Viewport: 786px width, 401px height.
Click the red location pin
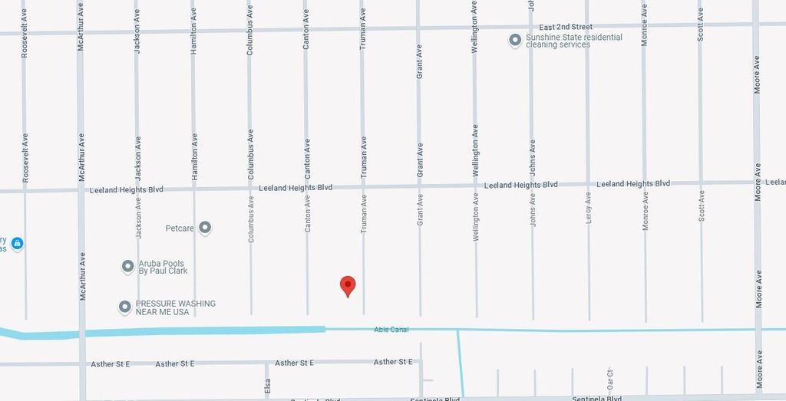coord(348,285)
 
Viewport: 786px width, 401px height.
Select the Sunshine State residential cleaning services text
coord(574,41)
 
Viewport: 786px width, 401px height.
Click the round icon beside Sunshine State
coord(516,41)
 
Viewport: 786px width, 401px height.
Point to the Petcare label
coord(180,228)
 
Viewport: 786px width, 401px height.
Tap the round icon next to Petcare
coord(205,228)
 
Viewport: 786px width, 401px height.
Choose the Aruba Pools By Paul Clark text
coord(163,267)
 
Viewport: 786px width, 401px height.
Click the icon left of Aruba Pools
coord(128,267)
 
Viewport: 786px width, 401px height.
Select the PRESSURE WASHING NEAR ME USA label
coord(176,307)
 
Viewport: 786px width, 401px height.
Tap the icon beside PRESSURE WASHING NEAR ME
coord(124,307)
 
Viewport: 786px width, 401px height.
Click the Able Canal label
coord(391,330)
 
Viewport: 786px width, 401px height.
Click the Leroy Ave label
coord(589,207)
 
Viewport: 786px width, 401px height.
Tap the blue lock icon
coord(18,244)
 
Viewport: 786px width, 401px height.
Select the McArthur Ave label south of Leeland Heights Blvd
coord(81,276)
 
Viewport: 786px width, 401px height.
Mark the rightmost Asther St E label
coord(393,362)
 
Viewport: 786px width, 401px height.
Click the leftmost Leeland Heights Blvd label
coord(127,189)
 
